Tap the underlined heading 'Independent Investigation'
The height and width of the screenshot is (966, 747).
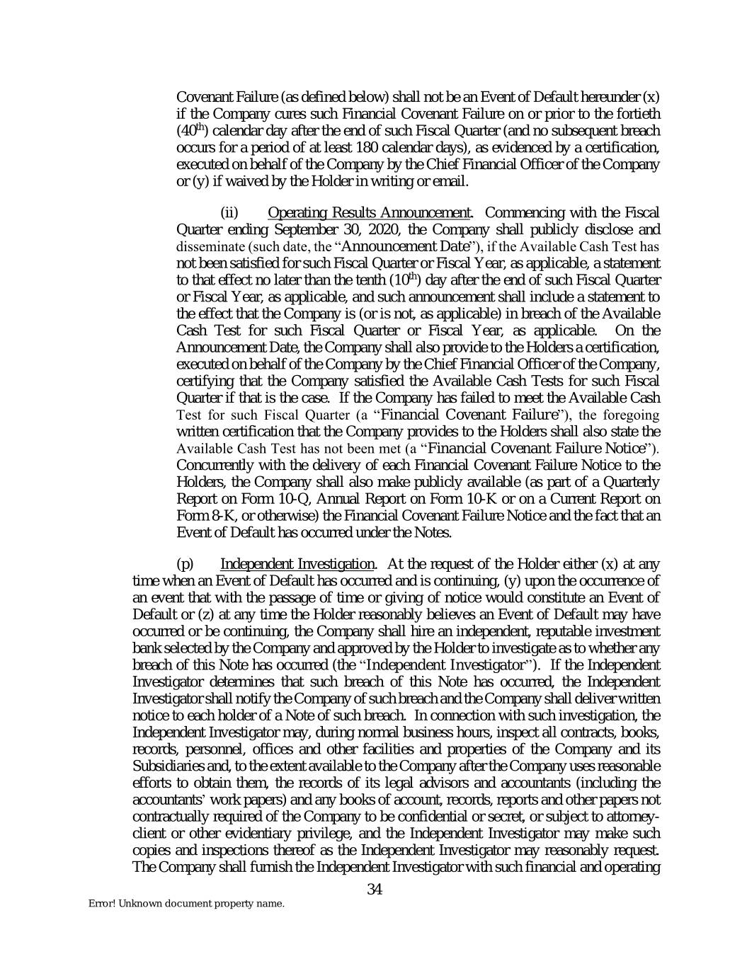(297, 564)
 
